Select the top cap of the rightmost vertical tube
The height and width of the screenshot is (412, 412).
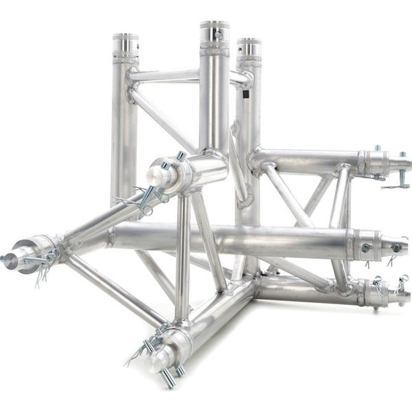pyautogui.click(x=249, y=47)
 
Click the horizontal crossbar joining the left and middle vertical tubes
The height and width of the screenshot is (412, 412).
pyautogui.click(x=165, y=76)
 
